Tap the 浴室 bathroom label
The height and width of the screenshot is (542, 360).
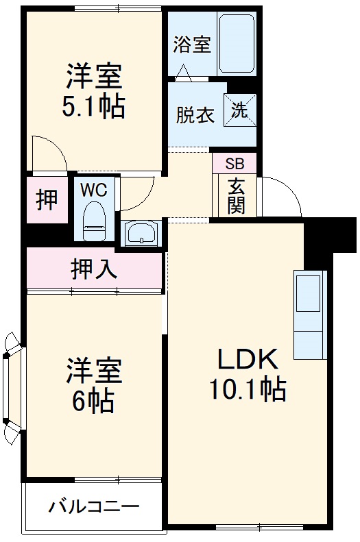[x=191, y=45]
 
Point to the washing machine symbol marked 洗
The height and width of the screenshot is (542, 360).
[x=239, y=110]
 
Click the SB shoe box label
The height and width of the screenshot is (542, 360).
[x=235, y=164]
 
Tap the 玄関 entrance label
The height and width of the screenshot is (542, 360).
[x=236, y=195]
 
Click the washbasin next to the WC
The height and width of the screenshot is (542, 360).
[x=141, y=234]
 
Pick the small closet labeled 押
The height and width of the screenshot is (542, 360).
[x=47, y=200]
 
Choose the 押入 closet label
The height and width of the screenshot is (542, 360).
[x=93, y=269]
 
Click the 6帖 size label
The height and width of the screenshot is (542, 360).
[x=94, y=402]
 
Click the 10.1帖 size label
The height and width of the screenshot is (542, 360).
[x=248, y=390]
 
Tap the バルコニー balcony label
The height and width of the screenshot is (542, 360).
[x=94, y=508]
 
